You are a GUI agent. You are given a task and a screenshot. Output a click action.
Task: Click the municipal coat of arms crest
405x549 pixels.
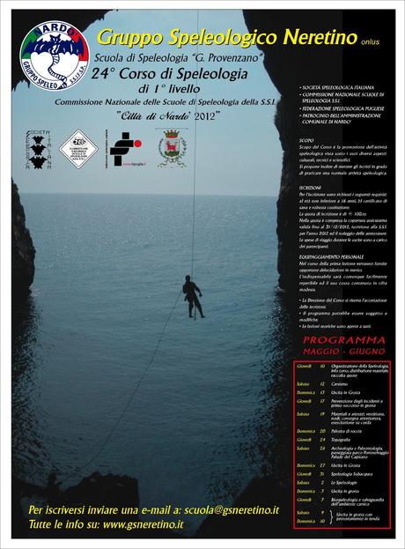(170, 146)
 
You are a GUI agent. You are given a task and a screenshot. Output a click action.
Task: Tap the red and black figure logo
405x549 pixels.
(124, 148)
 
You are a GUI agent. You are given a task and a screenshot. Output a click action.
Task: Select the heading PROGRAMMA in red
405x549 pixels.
(343, 338)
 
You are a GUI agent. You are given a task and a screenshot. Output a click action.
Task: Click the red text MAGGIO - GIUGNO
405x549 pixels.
(343, 348)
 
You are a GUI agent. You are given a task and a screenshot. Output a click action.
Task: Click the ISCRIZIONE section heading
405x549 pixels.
(311, 187)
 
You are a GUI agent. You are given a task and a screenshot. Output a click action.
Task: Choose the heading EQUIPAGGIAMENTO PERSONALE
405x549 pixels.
(332, 256)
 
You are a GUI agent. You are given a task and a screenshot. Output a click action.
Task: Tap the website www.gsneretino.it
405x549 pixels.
(143, 524)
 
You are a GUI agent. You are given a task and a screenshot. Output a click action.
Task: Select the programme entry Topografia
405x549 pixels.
(344, 439)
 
